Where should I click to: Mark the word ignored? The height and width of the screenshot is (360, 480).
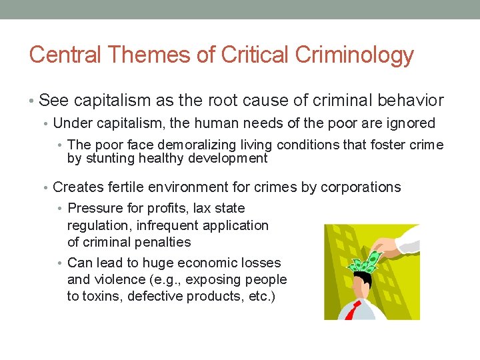tap(409, 123)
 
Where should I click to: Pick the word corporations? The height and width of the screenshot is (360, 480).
tap(361, 187)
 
